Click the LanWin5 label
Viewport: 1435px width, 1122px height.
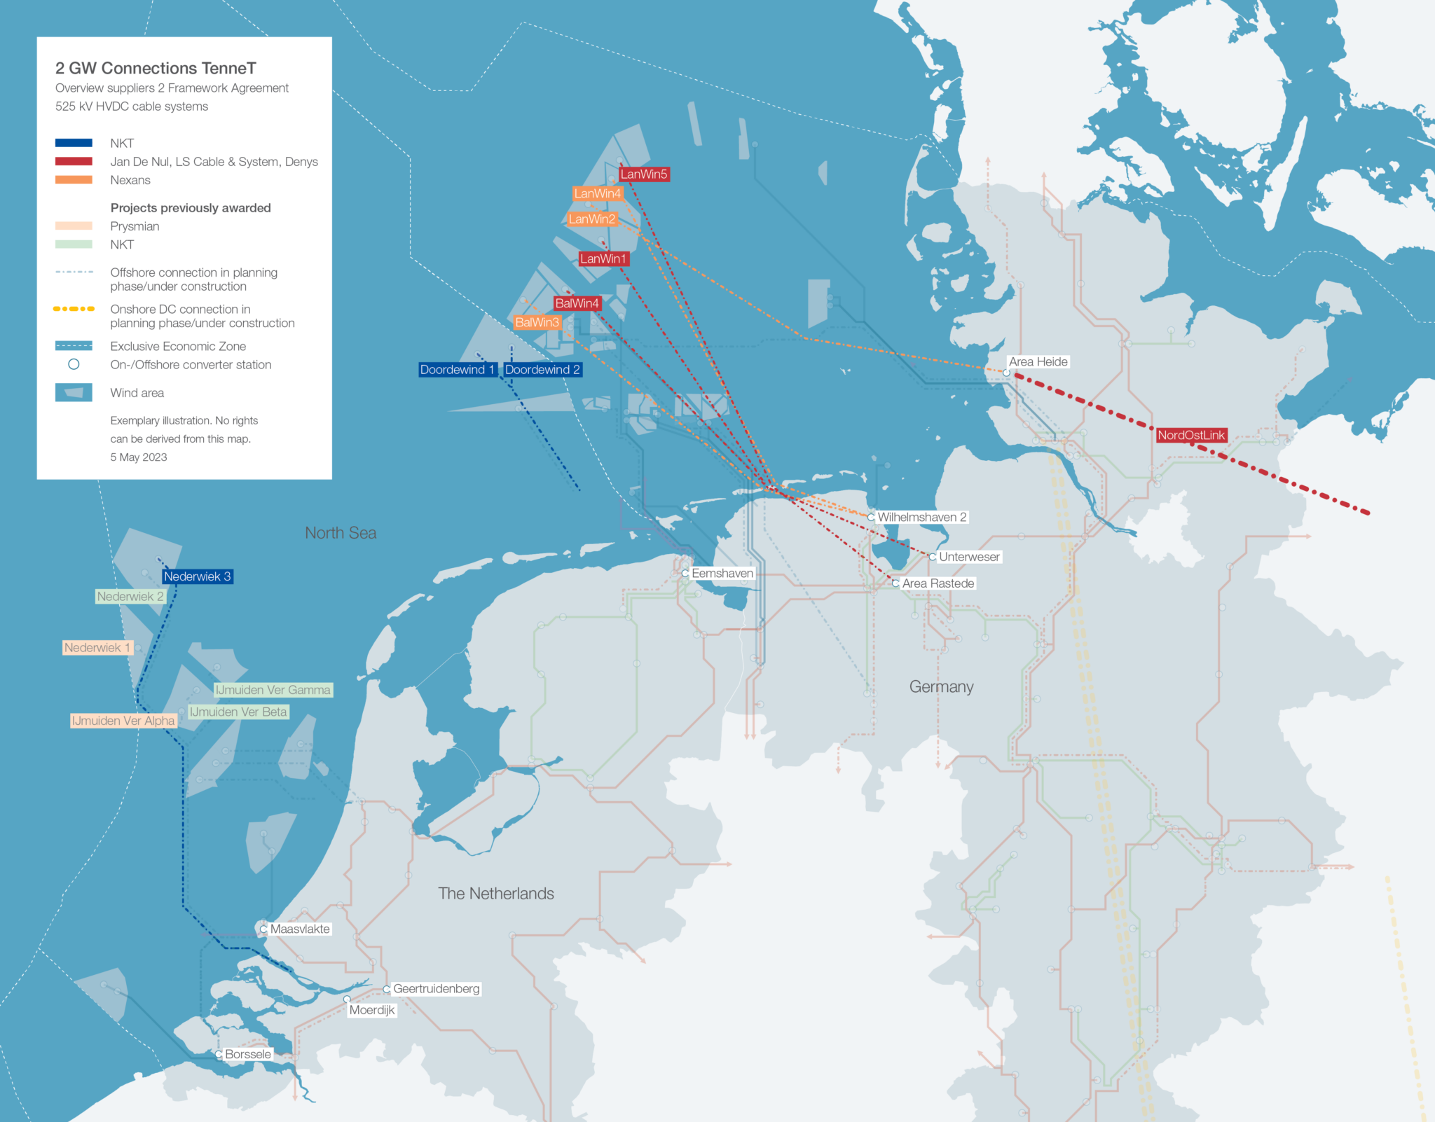(x=644, y=174)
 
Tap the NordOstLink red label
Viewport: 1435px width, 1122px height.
(x=1190, y=435)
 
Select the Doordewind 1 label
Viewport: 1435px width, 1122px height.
(x=457, y=370)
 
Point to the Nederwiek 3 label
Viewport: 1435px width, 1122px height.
(x=197, y=576)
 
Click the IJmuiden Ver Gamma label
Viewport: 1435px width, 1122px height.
(x=273, y=690)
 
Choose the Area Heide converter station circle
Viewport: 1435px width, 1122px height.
(x=1006, y=373)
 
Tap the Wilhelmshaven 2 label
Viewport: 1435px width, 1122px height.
(x=921, y=517)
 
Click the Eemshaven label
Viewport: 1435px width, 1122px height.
(x=722, y=573)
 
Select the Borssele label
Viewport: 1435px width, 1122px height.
(x=247, y=1054)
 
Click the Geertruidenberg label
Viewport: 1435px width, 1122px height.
(x=436, y=988)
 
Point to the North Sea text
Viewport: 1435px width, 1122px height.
(x=341, y=533)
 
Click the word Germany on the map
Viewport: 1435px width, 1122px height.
(x=941, y=686)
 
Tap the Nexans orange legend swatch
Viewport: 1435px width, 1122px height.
(x=74, y=180)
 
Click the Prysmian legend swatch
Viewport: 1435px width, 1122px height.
(x=74, y=226)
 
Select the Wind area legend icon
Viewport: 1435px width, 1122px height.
(x=74, y=393)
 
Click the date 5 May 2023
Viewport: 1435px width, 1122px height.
(x=139, y=457)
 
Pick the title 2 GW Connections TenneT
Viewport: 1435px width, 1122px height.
(x=156, y=68)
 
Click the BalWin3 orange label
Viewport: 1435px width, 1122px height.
(x=537, y=322)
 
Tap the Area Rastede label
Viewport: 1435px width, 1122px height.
(x=938, y=583)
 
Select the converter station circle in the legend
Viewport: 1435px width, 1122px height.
(x=74, y=364)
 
